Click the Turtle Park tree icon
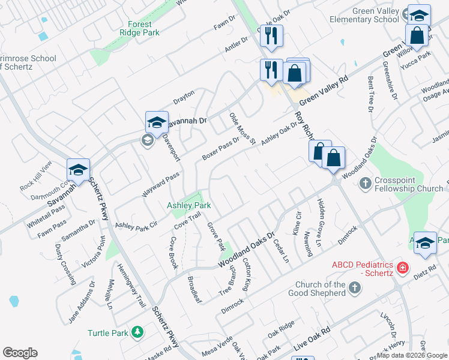tap(137, 332)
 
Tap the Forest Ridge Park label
tap(139, 28)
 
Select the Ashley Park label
tap(188, 206)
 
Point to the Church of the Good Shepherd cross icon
tap(354, 289)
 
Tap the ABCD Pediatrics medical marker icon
tap(403, 268)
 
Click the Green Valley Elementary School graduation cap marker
tap(418, 15)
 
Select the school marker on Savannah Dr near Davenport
tap(157, 122)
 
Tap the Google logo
tap(20, 353)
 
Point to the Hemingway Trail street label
tap(131, 286)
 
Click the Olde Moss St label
tap(243, 128)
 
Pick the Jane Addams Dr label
tap(82, 302)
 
